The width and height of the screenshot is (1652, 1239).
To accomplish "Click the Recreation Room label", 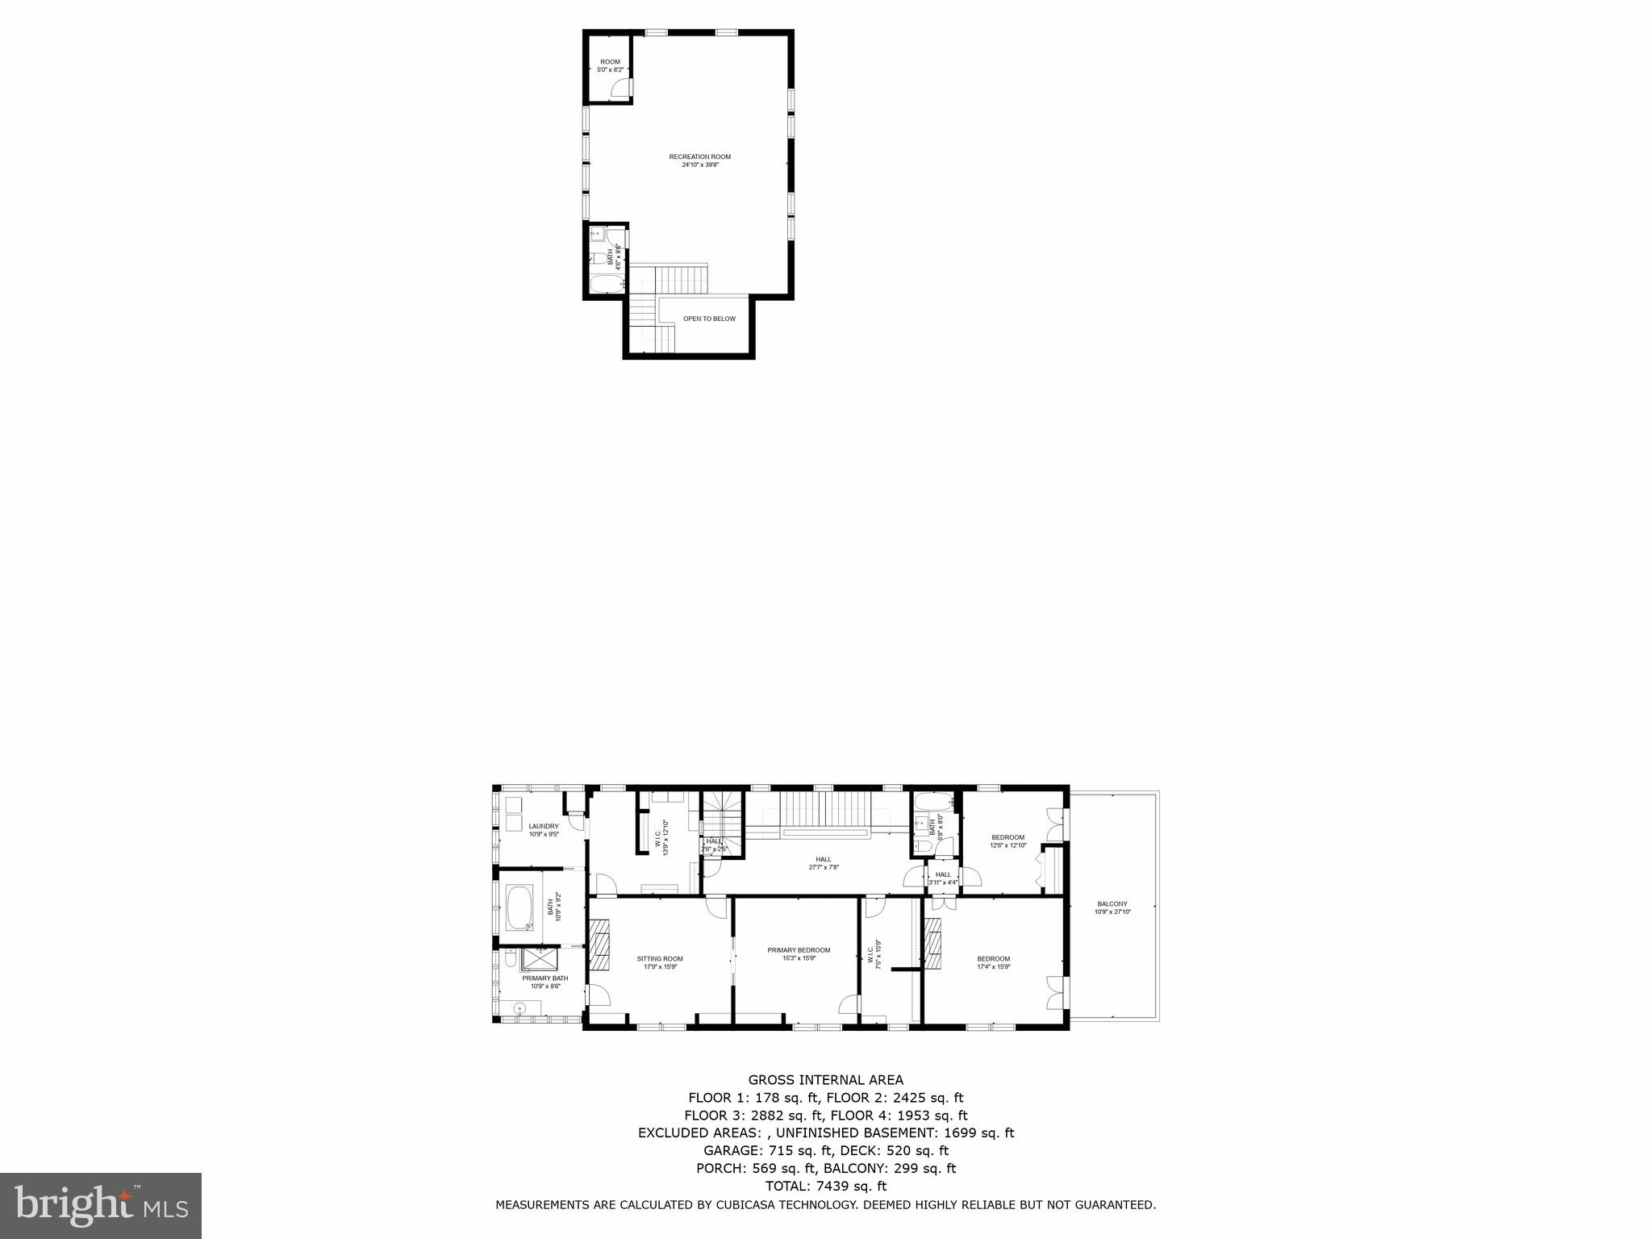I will (x=699, y=156).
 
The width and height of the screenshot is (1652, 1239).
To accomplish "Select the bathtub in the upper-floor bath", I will (x=606, y=285).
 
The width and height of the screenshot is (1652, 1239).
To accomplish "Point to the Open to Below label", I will (x=709, y=319).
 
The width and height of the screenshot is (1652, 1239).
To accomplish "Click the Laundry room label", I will (x=543, y=826).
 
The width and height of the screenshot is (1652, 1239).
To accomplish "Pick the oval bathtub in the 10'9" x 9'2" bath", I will (x=519, y=907).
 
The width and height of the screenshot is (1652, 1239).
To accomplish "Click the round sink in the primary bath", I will (x=519, y=1007).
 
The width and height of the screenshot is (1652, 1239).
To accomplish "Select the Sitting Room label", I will (x=660, y=959).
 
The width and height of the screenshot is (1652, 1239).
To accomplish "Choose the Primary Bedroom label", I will (x=799, y=950).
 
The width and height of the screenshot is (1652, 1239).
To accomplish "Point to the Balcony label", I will (x=1112, y=903).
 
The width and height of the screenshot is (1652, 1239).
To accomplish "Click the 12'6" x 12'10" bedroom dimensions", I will (x=1007, y=845).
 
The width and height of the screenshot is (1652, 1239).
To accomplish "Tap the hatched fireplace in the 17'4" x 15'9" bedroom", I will (x=934, y=949).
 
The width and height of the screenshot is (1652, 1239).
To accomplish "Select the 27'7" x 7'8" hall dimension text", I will (x=824, y=868).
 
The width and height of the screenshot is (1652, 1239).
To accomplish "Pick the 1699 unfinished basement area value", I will (x=934, y=1133).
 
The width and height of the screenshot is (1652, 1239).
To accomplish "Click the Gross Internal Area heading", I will (x=825, y=1079).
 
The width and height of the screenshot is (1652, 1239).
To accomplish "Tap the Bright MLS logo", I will (x=101, y=1205).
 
